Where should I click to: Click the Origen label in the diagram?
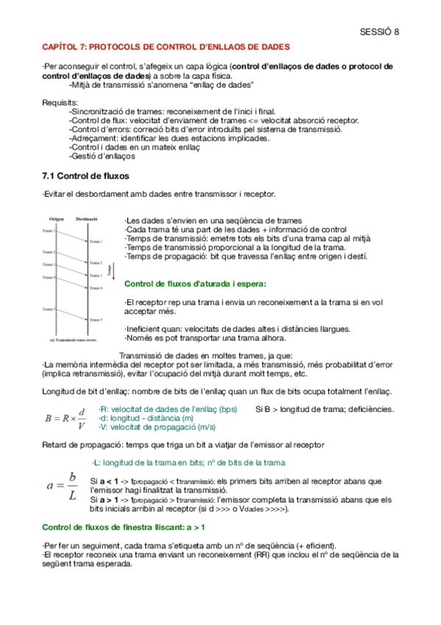pos(57,219)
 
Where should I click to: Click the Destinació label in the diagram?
pos(88,219)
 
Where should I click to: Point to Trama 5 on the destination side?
pos(96,320)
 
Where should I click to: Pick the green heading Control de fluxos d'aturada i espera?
pos(195,284)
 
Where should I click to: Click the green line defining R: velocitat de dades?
pos(168,409)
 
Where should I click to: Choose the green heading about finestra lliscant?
pos(123,527)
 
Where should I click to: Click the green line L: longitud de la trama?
pos(188,462)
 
